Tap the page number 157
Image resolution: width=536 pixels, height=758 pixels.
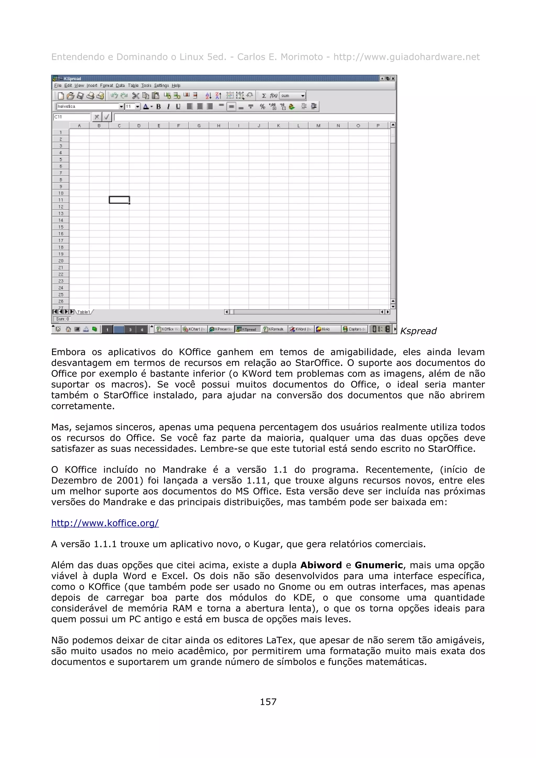point(268,702)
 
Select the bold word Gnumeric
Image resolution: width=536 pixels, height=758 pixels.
point(378,565)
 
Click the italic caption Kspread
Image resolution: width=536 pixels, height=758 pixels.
point(418,331)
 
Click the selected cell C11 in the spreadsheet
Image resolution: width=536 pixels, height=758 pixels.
point(119,200)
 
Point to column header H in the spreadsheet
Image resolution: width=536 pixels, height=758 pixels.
point(219,126)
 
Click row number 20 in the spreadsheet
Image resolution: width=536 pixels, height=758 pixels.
point(61,261)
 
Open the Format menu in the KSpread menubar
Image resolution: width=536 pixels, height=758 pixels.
point(106,86)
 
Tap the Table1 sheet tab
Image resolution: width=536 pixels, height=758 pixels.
point(83,312)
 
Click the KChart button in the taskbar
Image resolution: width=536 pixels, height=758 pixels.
point(194,329)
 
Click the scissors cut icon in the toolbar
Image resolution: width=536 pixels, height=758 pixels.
point(135,96)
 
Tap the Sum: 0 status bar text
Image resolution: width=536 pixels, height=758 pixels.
point(62,319)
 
